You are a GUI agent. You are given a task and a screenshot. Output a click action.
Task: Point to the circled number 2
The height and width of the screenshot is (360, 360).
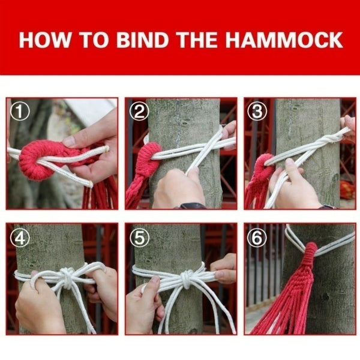coord(139,111)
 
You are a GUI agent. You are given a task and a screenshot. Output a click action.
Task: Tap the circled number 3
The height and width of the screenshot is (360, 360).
coord(258,111)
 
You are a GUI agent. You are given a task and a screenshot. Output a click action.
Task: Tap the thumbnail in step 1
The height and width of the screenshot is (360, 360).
coord(70,142)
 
